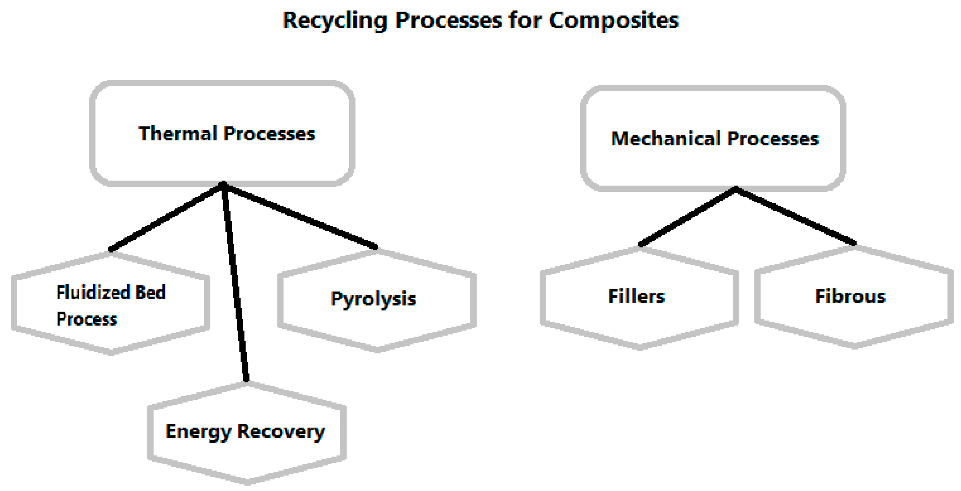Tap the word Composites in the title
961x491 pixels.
tap(613, 20)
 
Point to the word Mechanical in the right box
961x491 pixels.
tap(665, 139)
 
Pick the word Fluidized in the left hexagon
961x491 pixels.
tap(93, 292)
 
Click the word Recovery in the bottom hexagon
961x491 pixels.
tap(281, 432)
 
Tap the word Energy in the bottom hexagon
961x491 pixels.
tap(198, 432)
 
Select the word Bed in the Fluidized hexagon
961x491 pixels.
tap(150, 292)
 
